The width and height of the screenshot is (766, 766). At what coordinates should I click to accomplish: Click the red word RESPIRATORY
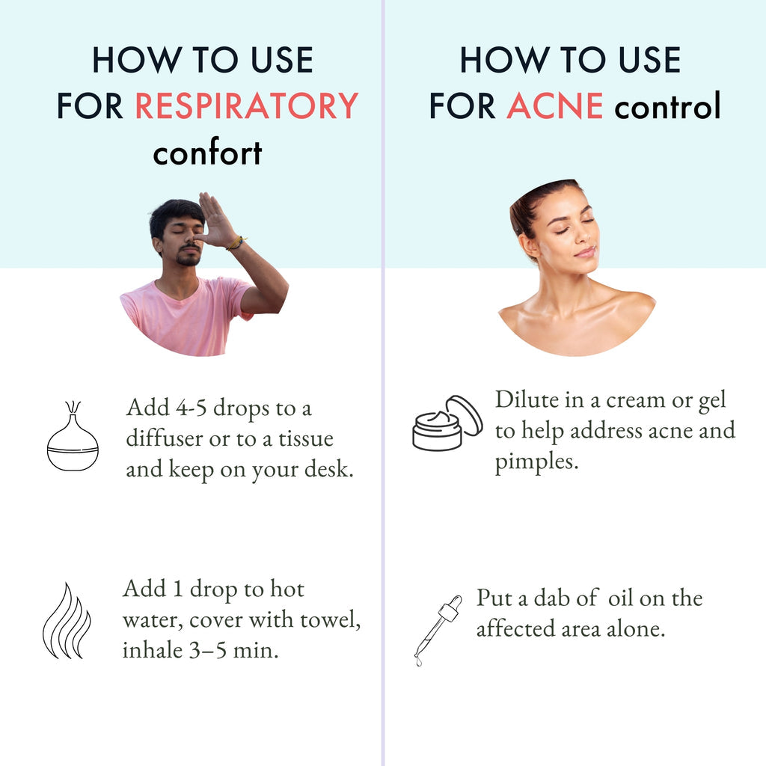pos(247,106)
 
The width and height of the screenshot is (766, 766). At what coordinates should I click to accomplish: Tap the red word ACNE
pos(554,106)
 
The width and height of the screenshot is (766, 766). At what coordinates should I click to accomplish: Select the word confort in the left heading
pos(207,153)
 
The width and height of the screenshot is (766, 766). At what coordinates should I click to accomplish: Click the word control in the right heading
pos(667,106)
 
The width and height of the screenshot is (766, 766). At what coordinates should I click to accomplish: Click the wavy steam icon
pos(67,621)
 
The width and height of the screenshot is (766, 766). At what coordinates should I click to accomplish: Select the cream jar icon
pos(447,423)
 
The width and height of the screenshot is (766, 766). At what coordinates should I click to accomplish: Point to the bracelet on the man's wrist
pos(236,242)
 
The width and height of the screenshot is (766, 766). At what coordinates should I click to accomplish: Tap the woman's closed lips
pos(585,252)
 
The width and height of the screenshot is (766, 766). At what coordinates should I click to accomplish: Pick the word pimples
pos(536,462)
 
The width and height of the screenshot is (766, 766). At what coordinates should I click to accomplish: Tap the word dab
pos(557,598)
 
